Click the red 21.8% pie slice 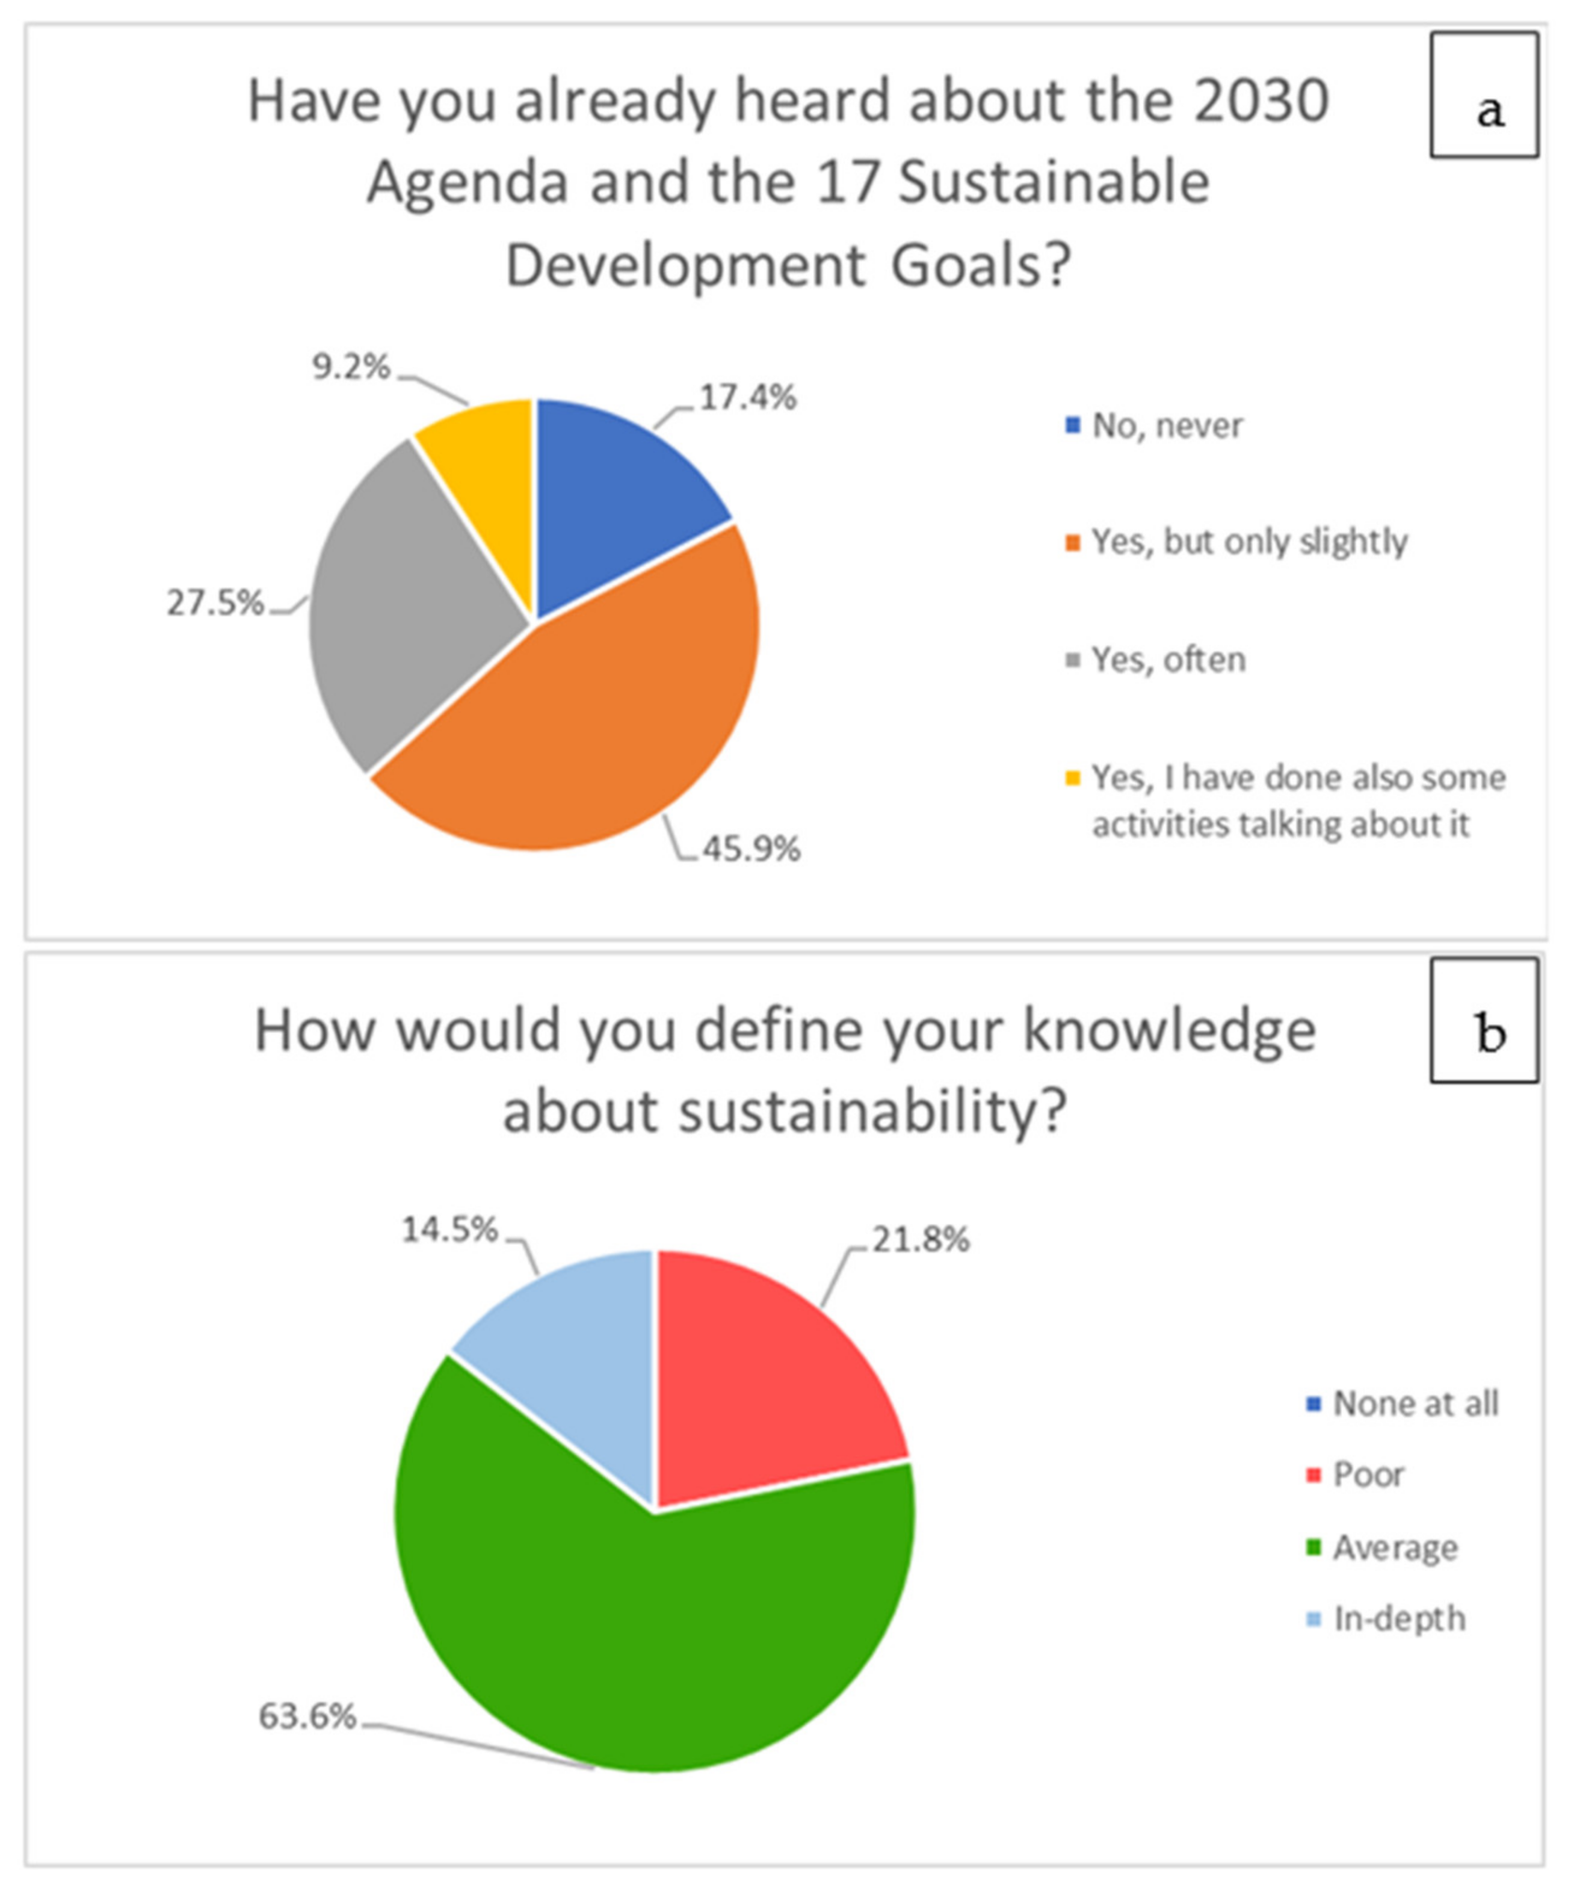tap(764, 1376)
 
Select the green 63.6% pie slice tap(647, 1636)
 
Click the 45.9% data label tap(750, 849)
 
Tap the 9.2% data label tap(351, 367)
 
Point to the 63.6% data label tap(307, 1716)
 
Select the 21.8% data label tap(921, 1240)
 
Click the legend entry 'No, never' tap(1167, 426)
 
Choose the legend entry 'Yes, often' tap(1167, 660)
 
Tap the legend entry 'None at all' tap(1415, 1404)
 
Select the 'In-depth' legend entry tap(1398, 1619)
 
